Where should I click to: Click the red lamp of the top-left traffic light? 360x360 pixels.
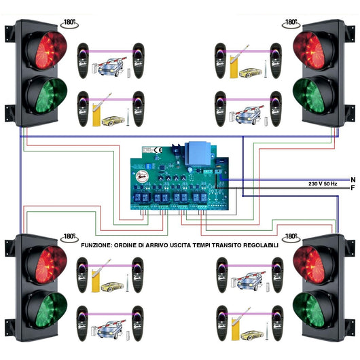click(x=46, y=52)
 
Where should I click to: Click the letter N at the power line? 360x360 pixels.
click(x=352, y=179)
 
